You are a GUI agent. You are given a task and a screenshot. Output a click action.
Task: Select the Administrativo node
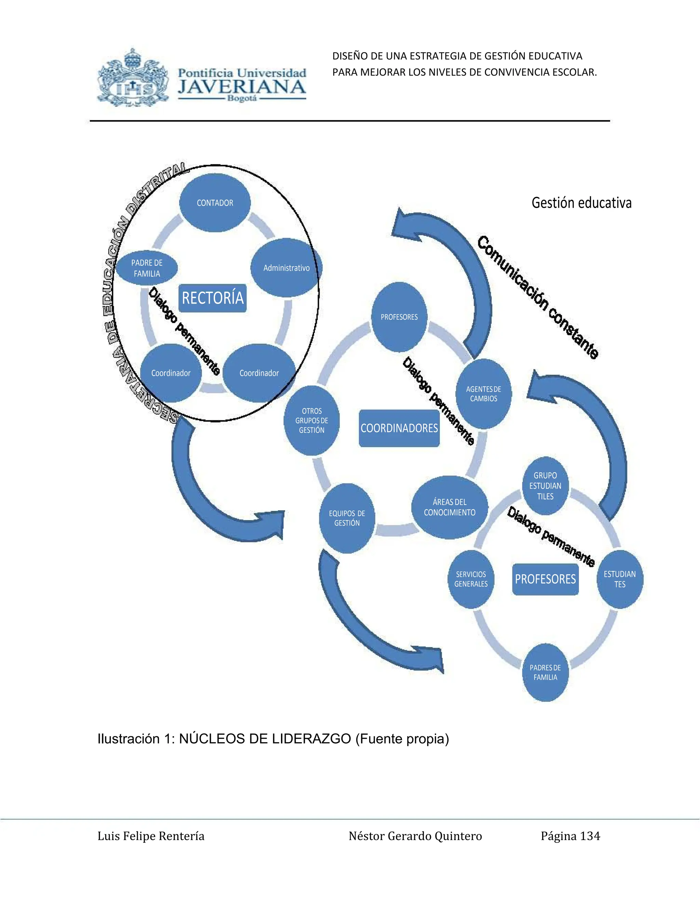(x=286, y=268)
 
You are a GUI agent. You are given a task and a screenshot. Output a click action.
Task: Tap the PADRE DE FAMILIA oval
(x=146, y=268)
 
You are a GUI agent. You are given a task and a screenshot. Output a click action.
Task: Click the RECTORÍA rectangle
(x=212, y=298)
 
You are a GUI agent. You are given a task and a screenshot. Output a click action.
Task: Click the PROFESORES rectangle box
(x=545, y=579)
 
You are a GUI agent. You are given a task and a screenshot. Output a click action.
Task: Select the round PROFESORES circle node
(x=399, y=317)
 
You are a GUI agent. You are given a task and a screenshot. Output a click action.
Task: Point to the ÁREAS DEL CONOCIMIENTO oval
(x=449, y=507)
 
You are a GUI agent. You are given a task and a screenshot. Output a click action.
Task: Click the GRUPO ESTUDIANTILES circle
(x=545, y=486)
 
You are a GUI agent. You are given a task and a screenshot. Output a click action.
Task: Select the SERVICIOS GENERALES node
(x=471, y=579)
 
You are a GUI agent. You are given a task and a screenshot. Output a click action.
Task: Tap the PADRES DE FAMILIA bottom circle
(x=545, y=672)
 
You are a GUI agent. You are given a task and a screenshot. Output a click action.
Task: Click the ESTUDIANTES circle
(x=620, y=579)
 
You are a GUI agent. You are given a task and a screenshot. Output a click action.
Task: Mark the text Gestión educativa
(x=581, y=203)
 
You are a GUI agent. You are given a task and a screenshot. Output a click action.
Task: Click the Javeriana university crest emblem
(x=133, y=78)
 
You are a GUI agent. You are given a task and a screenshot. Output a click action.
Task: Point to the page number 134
(x=590, y=836)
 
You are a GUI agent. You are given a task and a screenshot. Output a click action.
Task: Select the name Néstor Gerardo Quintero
(x=415, y=836)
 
